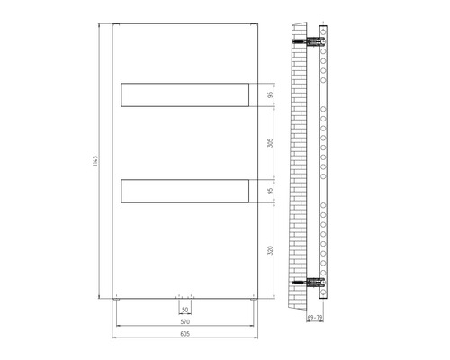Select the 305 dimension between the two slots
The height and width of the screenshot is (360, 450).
[x=271, y=142]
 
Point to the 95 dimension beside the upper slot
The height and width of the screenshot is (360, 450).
[x=271, y=94]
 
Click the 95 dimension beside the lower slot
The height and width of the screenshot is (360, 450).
[x=271, y=191]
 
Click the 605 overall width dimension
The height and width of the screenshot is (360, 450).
[x=185, y=334]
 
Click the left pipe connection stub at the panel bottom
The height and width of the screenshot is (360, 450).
[x=180, y=296]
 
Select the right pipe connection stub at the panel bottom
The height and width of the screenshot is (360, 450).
[x=191, y=296]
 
